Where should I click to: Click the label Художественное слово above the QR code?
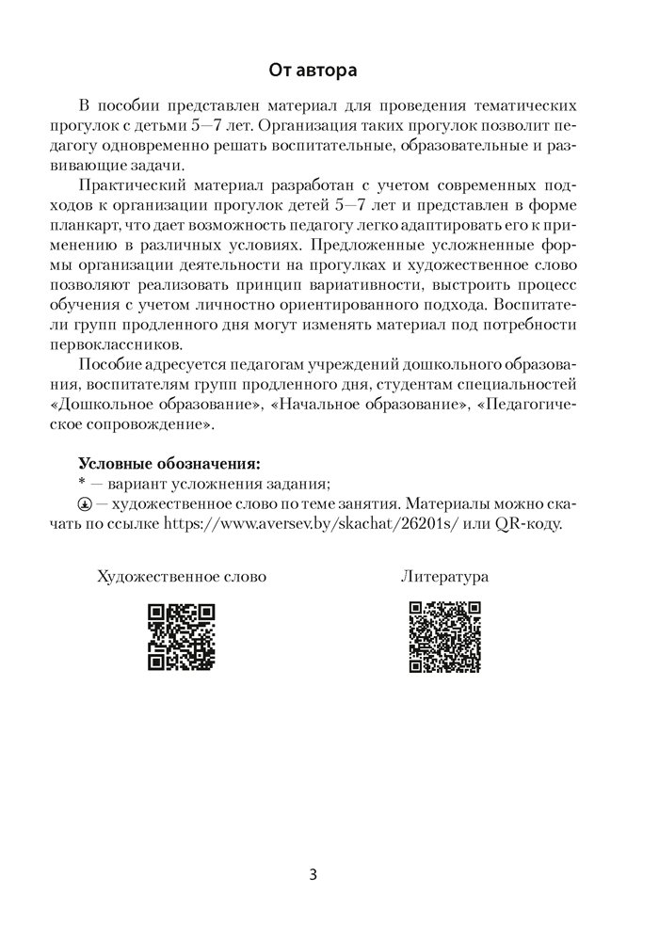[x=182, y=576]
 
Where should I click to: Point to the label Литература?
[x=445, y=576]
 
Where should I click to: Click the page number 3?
[x=313, y=874]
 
